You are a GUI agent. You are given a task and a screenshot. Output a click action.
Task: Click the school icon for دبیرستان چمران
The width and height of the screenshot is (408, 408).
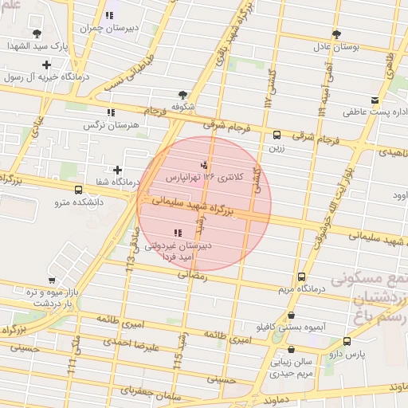109,16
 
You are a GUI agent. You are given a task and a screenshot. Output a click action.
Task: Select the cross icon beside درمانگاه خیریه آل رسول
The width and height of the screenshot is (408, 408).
47,65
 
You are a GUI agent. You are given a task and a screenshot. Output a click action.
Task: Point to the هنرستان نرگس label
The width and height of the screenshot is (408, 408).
116,125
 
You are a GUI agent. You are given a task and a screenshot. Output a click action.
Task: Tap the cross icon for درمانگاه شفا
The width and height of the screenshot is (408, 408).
118,170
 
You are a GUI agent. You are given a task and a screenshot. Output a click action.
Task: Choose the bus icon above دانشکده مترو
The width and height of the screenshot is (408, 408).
78,190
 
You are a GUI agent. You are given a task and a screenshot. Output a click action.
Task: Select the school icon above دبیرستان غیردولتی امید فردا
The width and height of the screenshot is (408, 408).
177,233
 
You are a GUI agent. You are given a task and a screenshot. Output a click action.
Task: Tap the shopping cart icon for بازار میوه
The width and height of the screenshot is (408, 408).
52,280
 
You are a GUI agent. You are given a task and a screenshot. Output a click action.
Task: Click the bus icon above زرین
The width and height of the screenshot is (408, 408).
277,135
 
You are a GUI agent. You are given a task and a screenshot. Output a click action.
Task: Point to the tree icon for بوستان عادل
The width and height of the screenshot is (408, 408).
337,34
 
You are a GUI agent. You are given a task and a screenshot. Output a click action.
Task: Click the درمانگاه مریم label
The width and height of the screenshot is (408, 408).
300,289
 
